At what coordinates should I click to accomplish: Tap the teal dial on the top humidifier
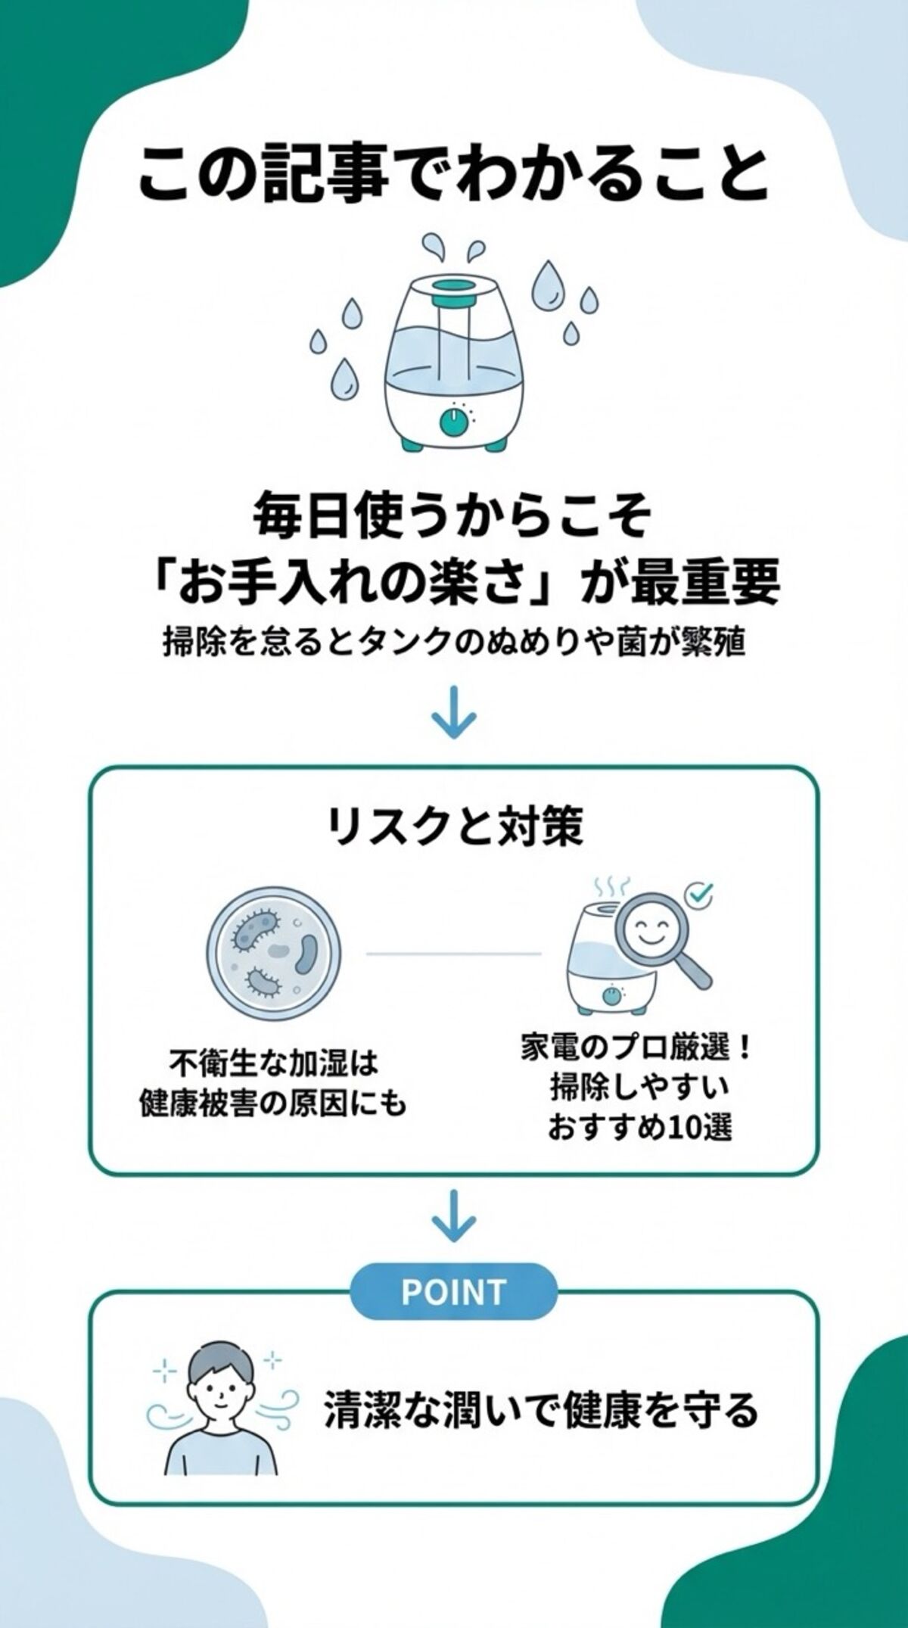tap(454, 422)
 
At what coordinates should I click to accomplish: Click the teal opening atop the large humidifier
tap(454, 288)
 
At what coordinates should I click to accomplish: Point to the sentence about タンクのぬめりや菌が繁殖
tap(454, 643)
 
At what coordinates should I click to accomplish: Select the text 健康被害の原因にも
tap(273, 1104)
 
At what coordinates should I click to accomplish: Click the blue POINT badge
tap(454, 1292)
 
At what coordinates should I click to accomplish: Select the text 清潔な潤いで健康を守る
tap(541, 1410)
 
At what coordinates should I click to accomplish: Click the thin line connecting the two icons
tap(454, 954)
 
